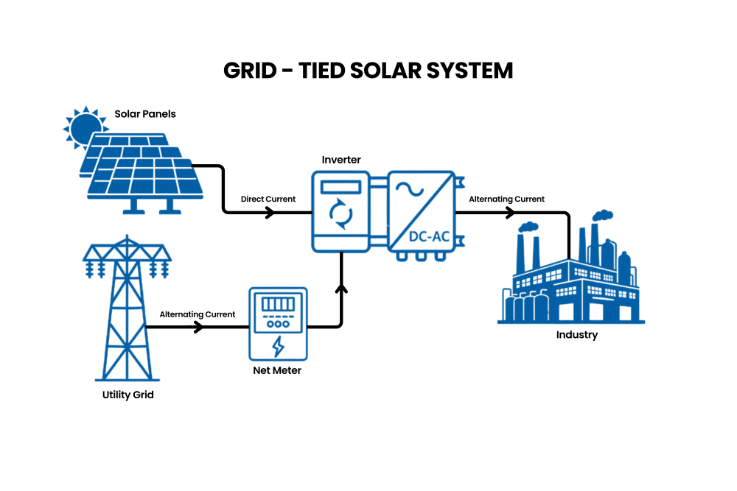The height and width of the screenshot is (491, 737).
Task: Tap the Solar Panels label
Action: tap(145, 114)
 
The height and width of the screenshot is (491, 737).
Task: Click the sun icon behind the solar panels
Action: tap(84, 126)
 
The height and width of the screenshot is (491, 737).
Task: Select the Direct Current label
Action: tap(268, 199)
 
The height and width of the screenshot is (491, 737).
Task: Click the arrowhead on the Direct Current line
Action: tap(270, 213)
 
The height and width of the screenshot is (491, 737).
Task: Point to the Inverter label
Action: tap(341, 160)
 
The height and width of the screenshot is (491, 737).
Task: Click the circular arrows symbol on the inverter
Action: tap(340, 214)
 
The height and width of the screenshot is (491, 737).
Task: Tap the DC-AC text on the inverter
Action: tap(429, 236)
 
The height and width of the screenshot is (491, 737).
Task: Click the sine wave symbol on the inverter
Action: tap(409, 189)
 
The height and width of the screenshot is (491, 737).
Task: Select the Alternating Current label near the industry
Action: tap(507, 199)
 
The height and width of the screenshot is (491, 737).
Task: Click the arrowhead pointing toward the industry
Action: tap(510, 213)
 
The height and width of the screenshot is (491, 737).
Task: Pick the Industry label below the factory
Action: tap(577, 335)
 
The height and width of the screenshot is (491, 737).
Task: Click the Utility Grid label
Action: tap(128, 395)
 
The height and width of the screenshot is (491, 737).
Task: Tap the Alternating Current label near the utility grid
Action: tap(198, 314)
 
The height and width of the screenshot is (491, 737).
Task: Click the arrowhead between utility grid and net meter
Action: tap(199, 327)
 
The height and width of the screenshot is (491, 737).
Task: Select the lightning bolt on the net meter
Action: tap(279, 347)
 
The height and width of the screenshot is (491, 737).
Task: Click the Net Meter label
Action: tap(277, 370)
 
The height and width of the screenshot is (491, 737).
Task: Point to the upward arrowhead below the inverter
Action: tap(341, 289)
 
